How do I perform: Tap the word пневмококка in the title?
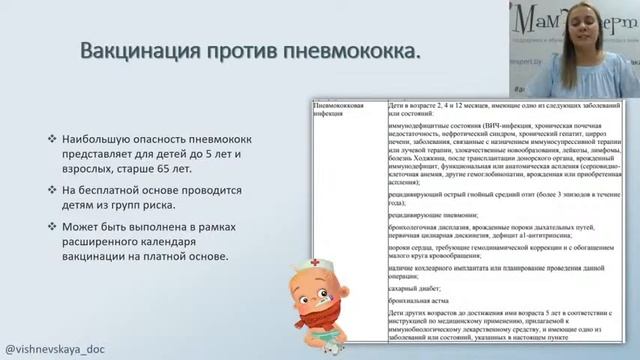coord(350,49)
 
